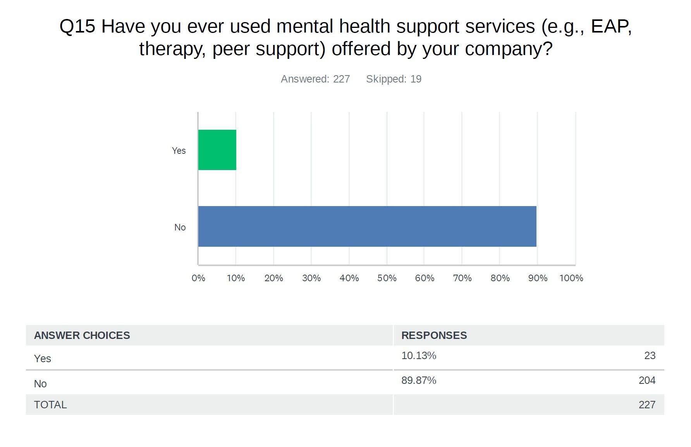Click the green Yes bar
pyautogui.click(x=217, y=150)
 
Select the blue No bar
pyautogui.click(x=367, y=226)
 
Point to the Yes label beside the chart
pyautogui.click(x=179, y=151)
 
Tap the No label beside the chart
pyautogui.click(x=180, y=227)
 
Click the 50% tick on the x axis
pyautogui.click(x=387, y=278)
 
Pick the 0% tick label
pyautogui.click(x=198, y=278)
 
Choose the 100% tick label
pyautogui.click(x=571, y=278)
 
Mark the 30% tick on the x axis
pyautogui.click(x=311, y=278)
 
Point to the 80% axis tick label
pyautogui.click(x=500, y=278)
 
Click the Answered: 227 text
pyautogui.click(x=315, y=79)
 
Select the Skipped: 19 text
pyautogui.click(x=394, y=79)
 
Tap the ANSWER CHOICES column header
pyautogui.click(x=82, y=335)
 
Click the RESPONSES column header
pyautogui.click(x=434, y=335)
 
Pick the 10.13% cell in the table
pyautogui.click(x=418, y=356)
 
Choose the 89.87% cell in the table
pyautogui.click(x=418, y=380)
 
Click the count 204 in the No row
pyautogui.click(x=647, y=380)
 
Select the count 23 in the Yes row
pyautogui.click(x=650, y=356)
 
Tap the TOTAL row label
pyautogui.click(x=50, y=405)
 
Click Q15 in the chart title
pyautogui.click(x=77, y=26)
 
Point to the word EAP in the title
pyautogui.click(x=611, y=26)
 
